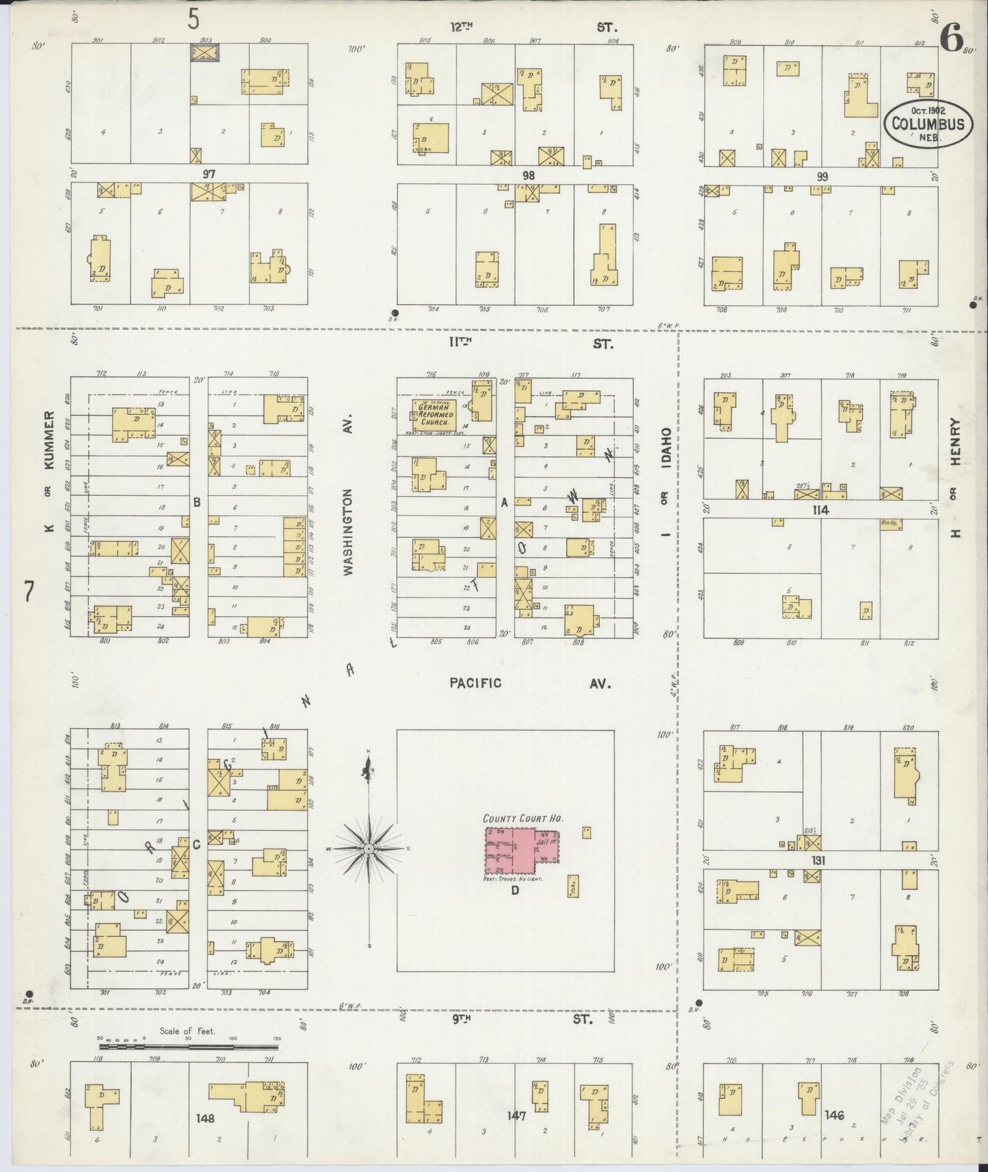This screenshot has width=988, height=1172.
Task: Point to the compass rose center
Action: click(369, 849)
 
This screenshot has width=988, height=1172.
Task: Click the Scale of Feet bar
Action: click(189, 1046)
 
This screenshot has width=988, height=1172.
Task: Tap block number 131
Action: click(818, 860)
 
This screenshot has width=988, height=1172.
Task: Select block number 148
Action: click(204, 1119)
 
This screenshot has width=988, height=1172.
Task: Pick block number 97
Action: click(209, 175)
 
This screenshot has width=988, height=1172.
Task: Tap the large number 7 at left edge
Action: click(29, 591)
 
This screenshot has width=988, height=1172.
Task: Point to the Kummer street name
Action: click(49, 440)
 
